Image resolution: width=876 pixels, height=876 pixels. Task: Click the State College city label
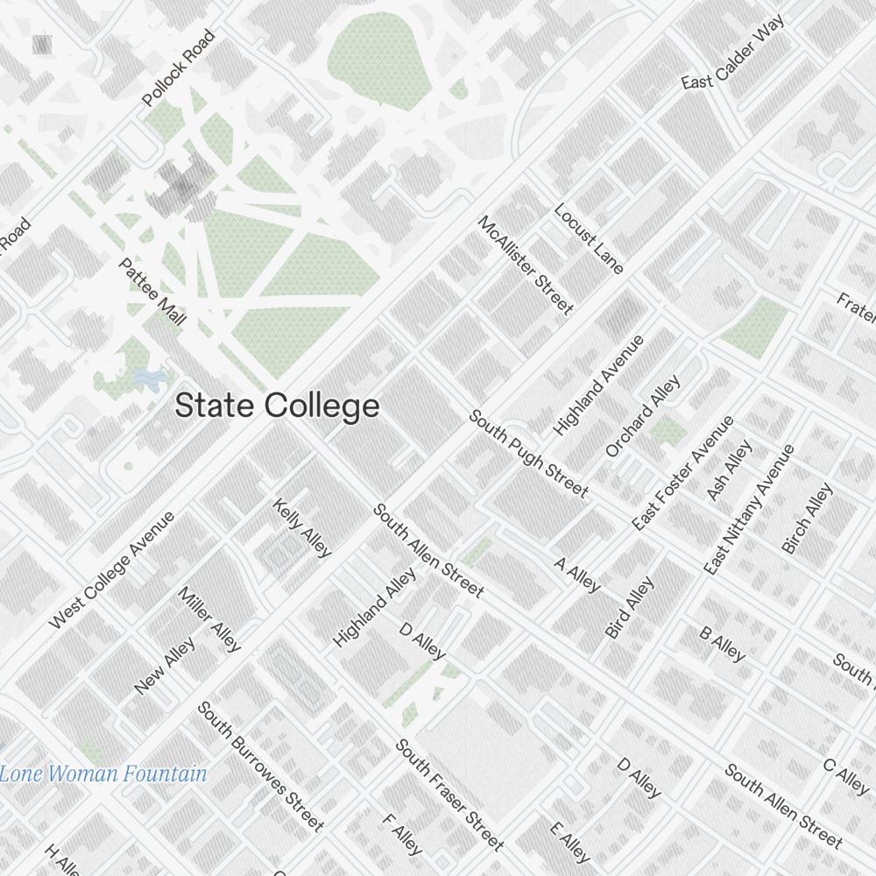277,406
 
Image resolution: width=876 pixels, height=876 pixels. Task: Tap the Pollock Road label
179,69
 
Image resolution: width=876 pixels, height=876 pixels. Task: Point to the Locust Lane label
589,239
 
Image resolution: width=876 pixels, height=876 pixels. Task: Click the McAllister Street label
526,264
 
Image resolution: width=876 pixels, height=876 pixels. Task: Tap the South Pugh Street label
528,453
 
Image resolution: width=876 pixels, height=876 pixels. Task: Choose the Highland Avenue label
599,385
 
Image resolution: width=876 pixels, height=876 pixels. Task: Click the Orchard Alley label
643,416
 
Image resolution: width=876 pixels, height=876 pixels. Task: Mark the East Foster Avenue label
683,472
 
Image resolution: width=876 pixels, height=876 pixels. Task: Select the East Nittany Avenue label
750,509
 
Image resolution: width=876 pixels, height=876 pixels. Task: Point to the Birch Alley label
807,519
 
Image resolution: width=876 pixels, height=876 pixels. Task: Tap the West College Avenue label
112,569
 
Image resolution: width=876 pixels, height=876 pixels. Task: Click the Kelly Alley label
302,527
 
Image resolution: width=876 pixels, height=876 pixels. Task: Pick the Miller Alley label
209,618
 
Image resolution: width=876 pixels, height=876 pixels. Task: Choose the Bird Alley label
630,607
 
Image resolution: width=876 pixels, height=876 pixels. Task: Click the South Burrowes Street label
260,766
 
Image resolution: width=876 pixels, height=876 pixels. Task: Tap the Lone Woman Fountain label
103,774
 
